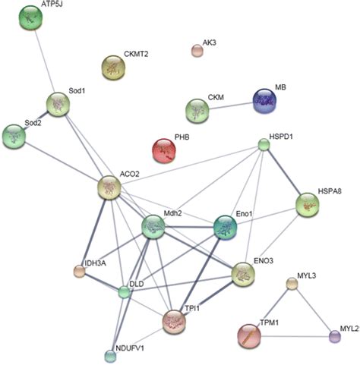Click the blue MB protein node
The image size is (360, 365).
tap(267, 100)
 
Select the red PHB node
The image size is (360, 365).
tap(166, 149)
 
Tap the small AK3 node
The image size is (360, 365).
tap(197, 51)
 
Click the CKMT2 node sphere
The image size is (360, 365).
tap(115, 68)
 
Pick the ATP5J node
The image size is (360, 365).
tap(31, 17)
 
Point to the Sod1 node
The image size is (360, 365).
tap(58, 104)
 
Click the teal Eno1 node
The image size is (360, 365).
tap(226, 225)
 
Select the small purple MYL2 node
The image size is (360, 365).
tap(335, 336)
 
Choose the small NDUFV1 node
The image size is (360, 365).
tap(111, 354)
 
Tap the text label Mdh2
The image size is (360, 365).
tap(175, 215)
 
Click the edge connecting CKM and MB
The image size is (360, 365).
tap(230, 105)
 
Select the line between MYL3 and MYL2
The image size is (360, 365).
tap(314, 310)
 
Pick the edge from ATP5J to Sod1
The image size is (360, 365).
tap(45, 61)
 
